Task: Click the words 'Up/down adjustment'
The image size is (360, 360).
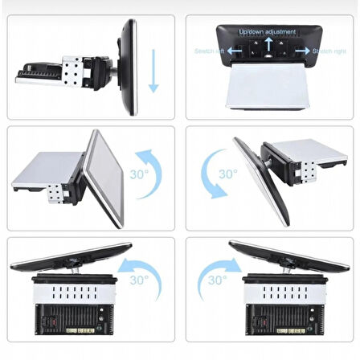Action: click(268, 32)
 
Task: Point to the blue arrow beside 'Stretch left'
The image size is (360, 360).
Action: click(234, 51)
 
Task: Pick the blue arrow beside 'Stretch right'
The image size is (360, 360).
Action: click(301, 51)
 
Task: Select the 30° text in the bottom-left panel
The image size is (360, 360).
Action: click(138, 280)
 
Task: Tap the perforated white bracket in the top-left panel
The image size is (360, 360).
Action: click(73, 71)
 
